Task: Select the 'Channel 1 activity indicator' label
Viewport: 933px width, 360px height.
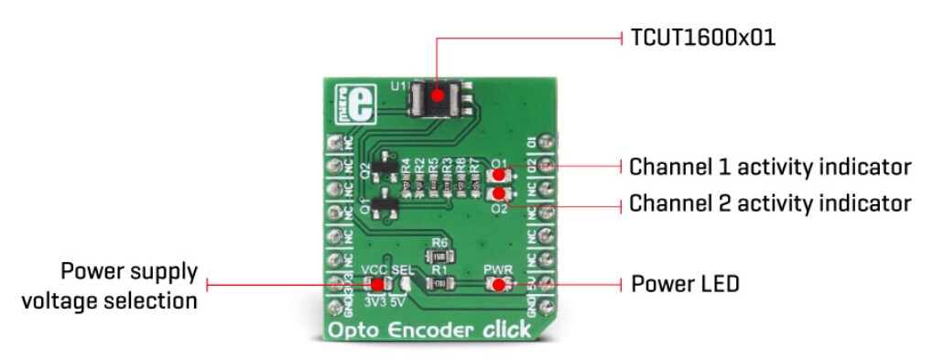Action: pos(770,167)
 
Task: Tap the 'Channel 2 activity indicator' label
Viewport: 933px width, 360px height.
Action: pos(770,202)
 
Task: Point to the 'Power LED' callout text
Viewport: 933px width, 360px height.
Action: pos(685,283)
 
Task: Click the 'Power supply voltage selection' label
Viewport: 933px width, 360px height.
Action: pos(129,285)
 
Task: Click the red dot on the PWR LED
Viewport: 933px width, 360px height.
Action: pos(498,284)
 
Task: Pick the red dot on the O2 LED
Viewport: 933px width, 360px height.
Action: pos(498,193)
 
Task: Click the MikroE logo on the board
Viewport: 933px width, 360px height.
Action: pos(343,102)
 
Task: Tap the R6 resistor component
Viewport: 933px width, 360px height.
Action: pos(439,256)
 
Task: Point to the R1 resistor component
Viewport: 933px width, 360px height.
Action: pos(439,284)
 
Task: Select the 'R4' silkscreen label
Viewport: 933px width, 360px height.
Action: pos(406,167)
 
